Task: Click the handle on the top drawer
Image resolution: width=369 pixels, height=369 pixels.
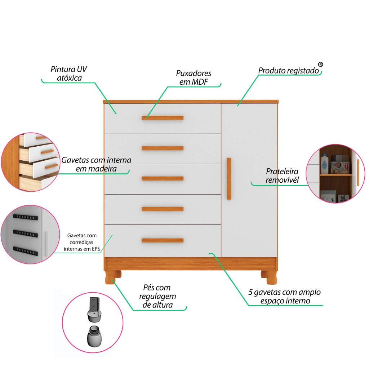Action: point(163,118)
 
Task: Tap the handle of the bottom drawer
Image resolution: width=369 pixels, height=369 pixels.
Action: point(163,240)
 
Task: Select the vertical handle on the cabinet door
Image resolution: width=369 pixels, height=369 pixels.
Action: point(229,178)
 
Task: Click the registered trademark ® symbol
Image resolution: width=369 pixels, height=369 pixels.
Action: point(320,64)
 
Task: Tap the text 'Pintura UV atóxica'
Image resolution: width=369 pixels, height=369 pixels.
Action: point(69,74)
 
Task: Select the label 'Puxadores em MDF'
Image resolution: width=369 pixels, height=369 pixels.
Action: point(194,77)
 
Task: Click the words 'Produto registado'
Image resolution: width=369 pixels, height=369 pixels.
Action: point(289,71)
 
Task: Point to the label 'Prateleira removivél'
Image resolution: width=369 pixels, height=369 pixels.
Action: point(282,175)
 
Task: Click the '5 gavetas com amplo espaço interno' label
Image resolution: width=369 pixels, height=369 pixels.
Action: point(284,296)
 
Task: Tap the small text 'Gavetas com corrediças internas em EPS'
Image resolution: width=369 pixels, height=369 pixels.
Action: point(82,242)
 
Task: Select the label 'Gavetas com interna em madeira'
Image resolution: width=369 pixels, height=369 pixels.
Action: point(96,164)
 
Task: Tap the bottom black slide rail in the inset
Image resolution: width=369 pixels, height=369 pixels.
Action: point(25,249)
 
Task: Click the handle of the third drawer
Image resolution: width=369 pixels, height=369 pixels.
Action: point(163,178)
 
